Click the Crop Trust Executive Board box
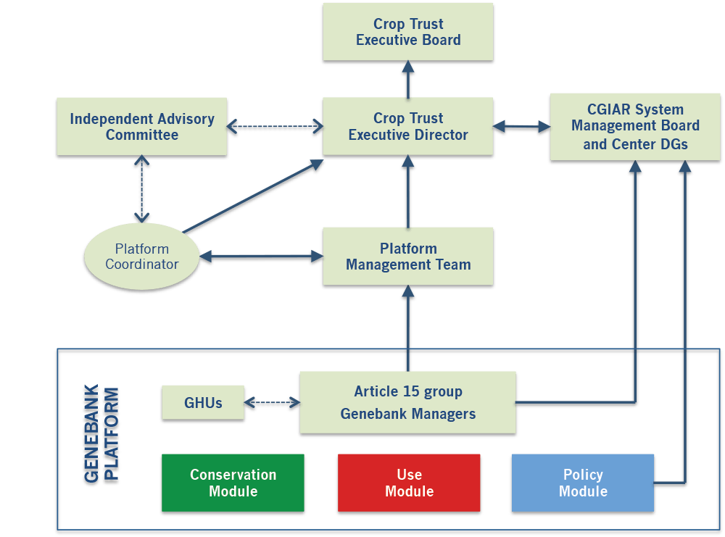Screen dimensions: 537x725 pos(408,33)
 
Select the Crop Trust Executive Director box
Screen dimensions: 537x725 pos(408,126)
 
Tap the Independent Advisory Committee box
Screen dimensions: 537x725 pos(142,126)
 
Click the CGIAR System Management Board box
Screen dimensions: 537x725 pos(635,126)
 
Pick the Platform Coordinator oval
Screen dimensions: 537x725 pos(142,257)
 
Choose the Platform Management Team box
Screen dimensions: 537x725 pos(408,257)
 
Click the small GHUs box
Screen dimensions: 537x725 pos(202,402)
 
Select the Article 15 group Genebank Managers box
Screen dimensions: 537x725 pos(408,402)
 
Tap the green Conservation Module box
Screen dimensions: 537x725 pos(233,483)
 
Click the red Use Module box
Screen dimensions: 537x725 pos(409,483)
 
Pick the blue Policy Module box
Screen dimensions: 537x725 pos(583,483)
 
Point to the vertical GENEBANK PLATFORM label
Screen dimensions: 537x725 pos(101,435)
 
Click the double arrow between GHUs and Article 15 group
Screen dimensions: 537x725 pos(272,402)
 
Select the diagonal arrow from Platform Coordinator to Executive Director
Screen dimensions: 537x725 pos(254,196)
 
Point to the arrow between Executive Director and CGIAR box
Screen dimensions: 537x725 pos(522,128)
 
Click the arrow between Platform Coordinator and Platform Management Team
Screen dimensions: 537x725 pos(261,257)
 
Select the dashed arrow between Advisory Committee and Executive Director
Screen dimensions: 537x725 pos(275,127)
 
